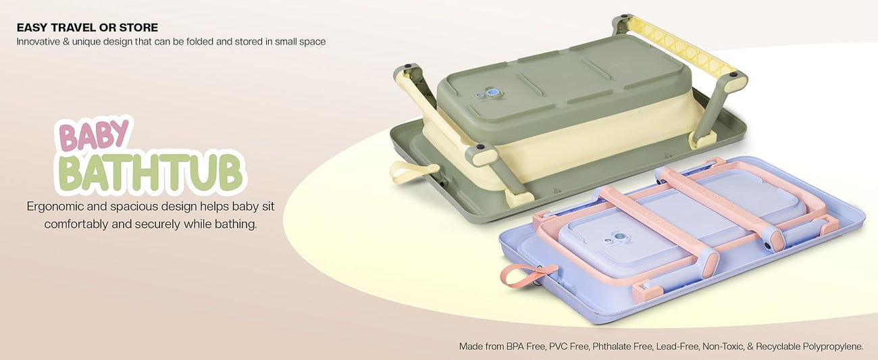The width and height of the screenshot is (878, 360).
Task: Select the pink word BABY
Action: pyautogui.click(x=93, y=136)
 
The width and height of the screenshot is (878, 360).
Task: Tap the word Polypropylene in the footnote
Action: pyautogui.click(x=833, y=346)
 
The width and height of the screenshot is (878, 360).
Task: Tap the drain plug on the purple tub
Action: pyautogui.click(x=620, y=237)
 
